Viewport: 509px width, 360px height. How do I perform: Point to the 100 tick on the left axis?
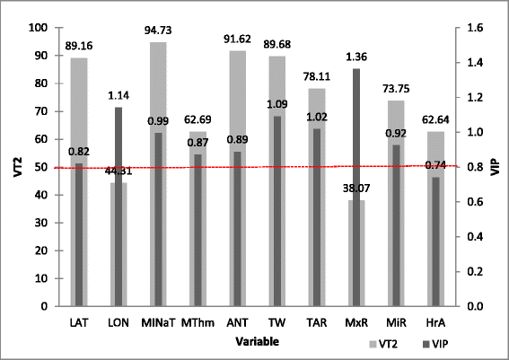(x=37, y=28)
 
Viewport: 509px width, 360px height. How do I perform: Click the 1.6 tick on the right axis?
(x=472, y=28)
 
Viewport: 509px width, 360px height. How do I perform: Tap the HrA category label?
(x=435, y=322)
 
